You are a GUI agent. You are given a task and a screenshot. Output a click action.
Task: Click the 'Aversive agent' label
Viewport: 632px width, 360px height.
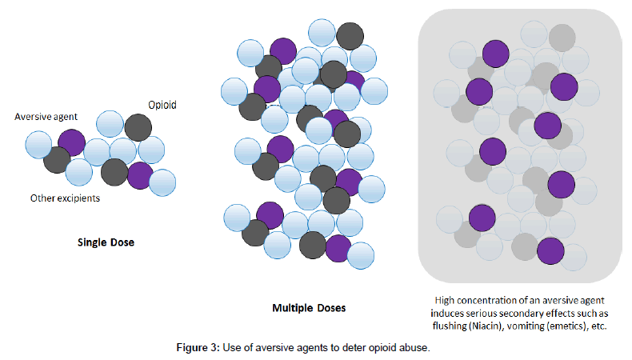[46, 117]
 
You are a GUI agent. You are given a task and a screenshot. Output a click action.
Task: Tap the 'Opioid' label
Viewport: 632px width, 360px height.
[162, 106]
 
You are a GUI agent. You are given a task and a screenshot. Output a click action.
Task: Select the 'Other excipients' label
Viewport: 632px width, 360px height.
[65, 198]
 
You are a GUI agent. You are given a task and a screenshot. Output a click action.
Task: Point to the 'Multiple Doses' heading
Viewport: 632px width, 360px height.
[310, 308]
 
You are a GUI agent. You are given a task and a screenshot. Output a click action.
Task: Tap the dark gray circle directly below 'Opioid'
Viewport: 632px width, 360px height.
[138, 128]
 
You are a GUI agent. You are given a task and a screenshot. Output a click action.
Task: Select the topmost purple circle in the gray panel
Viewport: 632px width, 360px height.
[495, 54]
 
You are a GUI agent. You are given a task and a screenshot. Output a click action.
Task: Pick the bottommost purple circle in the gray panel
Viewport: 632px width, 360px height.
[550, 251]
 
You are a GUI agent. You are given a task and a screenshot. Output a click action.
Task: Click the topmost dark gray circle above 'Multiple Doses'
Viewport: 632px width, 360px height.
[350, 36]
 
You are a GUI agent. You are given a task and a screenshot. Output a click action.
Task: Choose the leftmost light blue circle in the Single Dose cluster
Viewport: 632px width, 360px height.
[39, 145]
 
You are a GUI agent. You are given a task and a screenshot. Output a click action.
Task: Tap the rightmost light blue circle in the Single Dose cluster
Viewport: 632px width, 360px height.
[162, 182]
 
